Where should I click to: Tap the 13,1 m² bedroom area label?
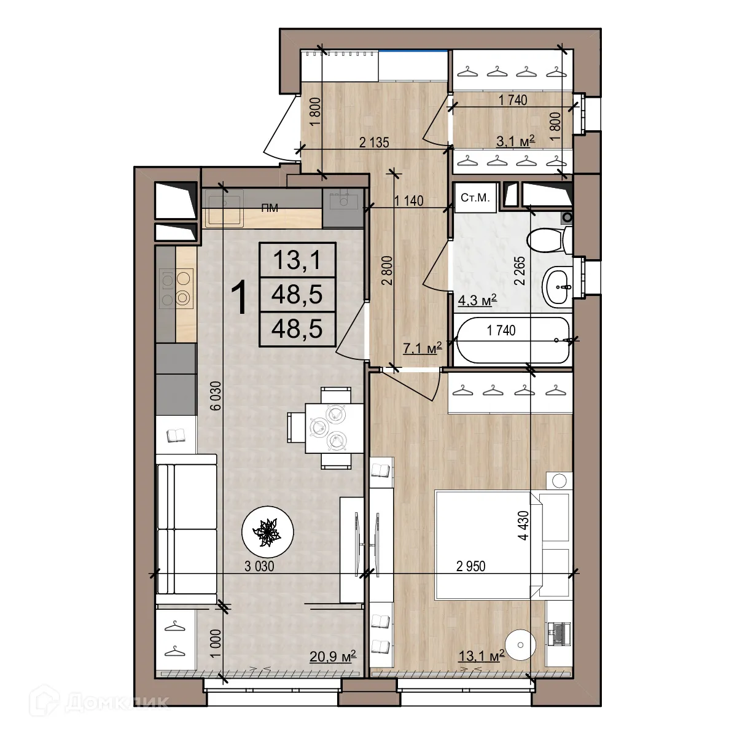[481, 656]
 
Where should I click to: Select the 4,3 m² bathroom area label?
[477, 300]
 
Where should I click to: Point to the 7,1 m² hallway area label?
[422, 349]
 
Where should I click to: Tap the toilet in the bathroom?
[548, 240]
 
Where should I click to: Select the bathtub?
[513, 340]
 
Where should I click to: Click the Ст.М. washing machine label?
[475, 198]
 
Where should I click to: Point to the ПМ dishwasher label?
[269, 208]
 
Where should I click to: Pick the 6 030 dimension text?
[214, 400]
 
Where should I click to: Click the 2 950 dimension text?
[470, 566]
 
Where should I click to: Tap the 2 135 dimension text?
[374, 143]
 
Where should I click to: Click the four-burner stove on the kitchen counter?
[176, 288]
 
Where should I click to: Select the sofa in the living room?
[185, 529]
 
